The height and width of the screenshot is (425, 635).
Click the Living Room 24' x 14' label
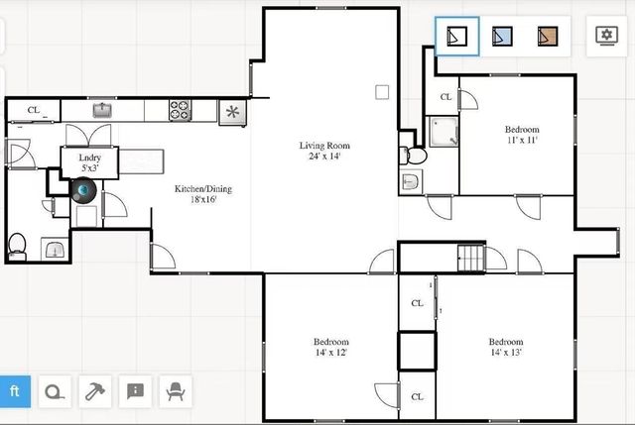coord(325,151)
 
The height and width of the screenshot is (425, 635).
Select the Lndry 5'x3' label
coord(89,162)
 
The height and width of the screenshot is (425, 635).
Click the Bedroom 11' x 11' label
coord(522,135)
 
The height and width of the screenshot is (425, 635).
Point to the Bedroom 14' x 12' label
coord(330,347)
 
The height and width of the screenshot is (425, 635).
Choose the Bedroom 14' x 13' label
coord(505,347)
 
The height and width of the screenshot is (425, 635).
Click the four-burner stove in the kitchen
coord(180,111)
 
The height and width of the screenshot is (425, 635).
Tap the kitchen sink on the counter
coord(102,110)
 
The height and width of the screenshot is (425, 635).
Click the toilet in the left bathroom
coord(17,245)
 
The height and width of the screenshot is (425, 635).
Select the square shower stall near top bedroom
coord(444,132)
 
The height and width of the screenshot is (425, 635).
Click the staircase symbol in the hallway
coord(470,259)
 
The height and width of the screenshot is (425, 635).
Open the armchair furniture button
coord(176,391)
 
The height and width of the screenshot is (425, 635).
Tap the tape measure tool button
coord(55,391)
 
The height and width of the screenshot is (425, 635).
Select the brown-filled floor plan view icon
coord(548,37)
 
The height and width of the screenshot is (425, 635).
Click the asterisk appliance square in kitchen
coord(233,112)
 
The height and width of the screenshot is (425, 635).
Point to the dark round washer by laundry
coord(85,190)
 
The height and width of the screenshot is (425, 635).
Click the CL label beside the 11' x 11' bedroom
coord(445,97)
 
